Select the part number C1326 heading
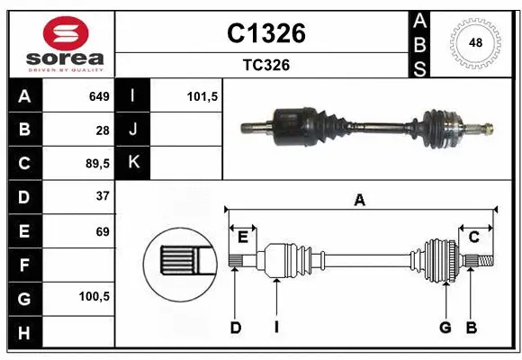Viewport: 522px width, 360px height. click(x=265, y=33)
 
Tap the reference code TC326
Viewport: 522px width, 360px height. click(x=265, y=65)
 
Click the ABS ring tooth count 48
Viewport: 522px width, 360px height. click(x=474, y=42)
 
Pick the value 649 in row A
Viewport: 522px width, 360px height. click(x=98, y=96)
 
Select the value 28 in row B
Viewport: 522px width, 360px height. click(x=103, y=130)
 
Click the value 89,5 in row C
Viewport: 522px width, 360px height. click(x=97, y=164)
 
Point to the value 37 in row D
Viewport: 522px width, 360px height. click(x=103, y=196)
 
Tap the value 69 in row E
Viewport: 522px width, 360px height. click(x=103, y=231)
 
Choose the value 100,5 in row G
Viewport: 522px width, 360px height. click(x=95, y=295)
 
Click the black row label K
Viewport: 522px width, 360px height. click(x=133, y=163)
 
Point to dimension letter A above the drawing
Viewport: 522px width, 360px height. click(x=360, y=200)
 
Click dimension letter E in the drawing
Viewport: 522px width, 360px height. click(x=242, y=237)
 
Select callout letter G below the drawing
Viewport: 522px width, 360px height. click(x=445, y=328)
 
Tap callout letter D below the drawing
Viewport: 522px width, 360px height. click(x=235, y=328)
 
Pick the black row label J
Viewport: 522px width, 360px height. click(x=133, y=130)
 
